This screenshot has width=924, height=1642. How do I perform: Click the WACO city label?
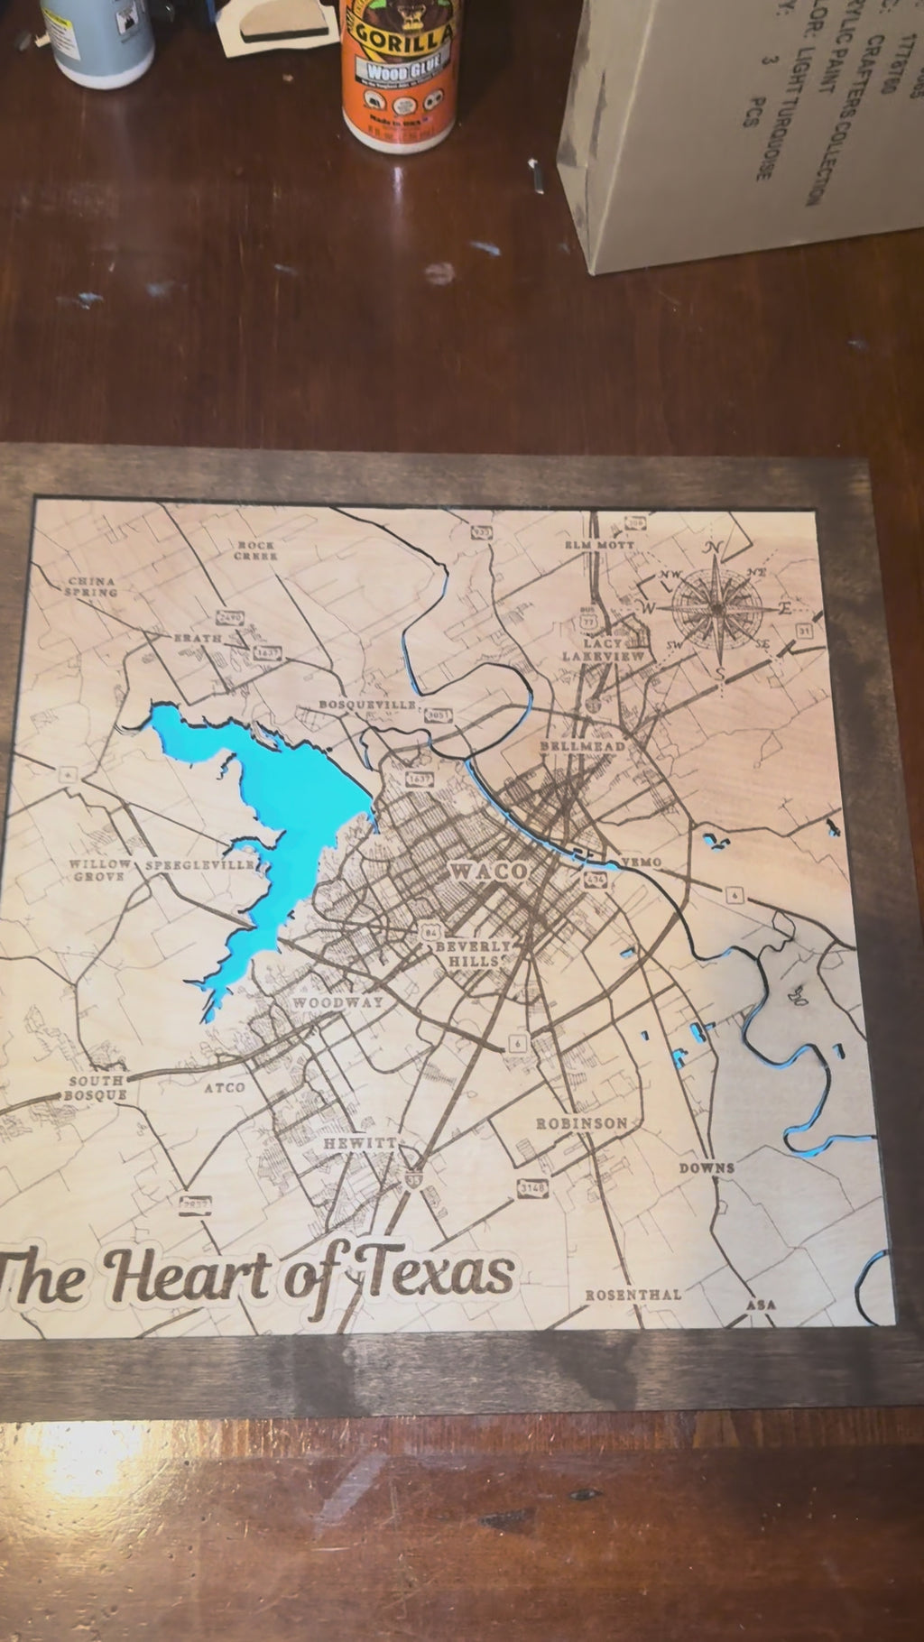click(488, 872)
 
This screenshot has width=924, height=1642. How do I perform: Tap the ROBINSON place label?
click(581, 1123)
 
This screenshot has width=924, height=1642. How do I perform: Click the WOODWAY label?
click(337, 1001)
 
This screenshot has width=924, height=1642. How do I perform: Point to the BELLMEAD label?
click(582, 747)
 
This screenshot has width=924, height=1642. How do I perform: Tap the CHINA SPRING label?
click(91, 586)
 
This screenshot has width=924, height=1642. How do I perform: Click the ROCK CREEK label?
click(255, 550)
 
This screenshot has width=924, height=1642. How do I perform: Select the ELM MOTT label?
click(599, 545)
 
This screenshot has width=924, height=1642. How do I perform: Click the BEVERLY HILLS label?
click(473, 954)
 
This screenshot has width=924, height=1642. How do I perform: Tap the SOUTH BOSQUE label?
click(96, 1088)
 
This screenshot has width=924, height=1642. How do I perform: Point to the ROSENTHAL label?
click(633, 1295)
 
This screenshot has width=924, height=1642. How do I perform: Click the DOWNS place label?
click(707, 1167)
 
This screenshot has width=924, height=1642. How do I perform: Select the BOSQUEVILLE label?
click(367, 704)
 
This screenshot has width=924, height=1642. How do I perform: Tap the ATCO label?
click(224, 1088)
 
